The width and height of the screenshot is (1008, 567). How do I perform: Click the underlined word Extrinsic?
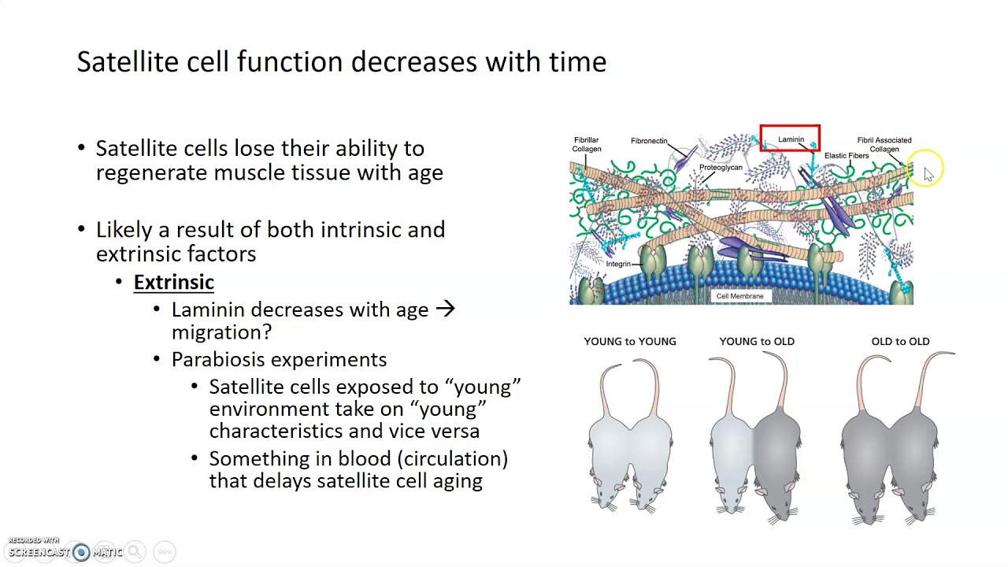[x=173, y=282]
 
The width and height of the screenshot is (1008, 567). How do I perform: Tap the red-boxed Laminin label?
[x=791, y=139]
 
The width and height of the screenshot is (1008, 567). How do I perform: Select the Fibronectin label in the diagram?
[x=649, y=141]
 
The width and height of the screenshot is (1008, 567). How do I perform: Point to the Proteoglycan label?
[x=721, y=168]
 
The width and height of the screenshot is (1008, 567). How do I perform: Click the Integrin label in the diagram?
[x=618, y=264]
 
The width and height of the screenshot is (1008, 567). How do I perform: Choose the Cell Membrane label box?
[x=739, y=296]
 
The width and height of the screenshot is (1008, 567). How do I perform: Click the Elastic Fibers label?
[x=847, y=156]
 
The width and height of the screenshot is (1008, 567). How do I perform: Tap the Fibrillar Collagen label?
[x=587, y=144]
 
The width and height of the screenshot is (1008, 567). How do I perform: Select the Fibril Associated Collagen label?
[x=884, y=144]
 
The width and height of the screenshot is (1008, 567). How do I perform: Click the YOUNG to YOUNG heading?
[x=630, y=341]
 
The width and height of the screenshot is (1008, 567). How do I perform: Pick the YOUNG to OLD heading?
[x=757, y=341]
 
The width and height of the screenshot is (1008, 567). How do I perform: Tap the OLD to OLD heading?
[x=900, y=341]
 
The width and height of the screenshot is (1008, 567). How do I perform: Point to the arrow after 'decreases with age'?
[x=445, y=309]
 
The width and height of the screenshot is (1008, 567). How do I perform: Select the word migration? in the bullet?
[x=221, y=332]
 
